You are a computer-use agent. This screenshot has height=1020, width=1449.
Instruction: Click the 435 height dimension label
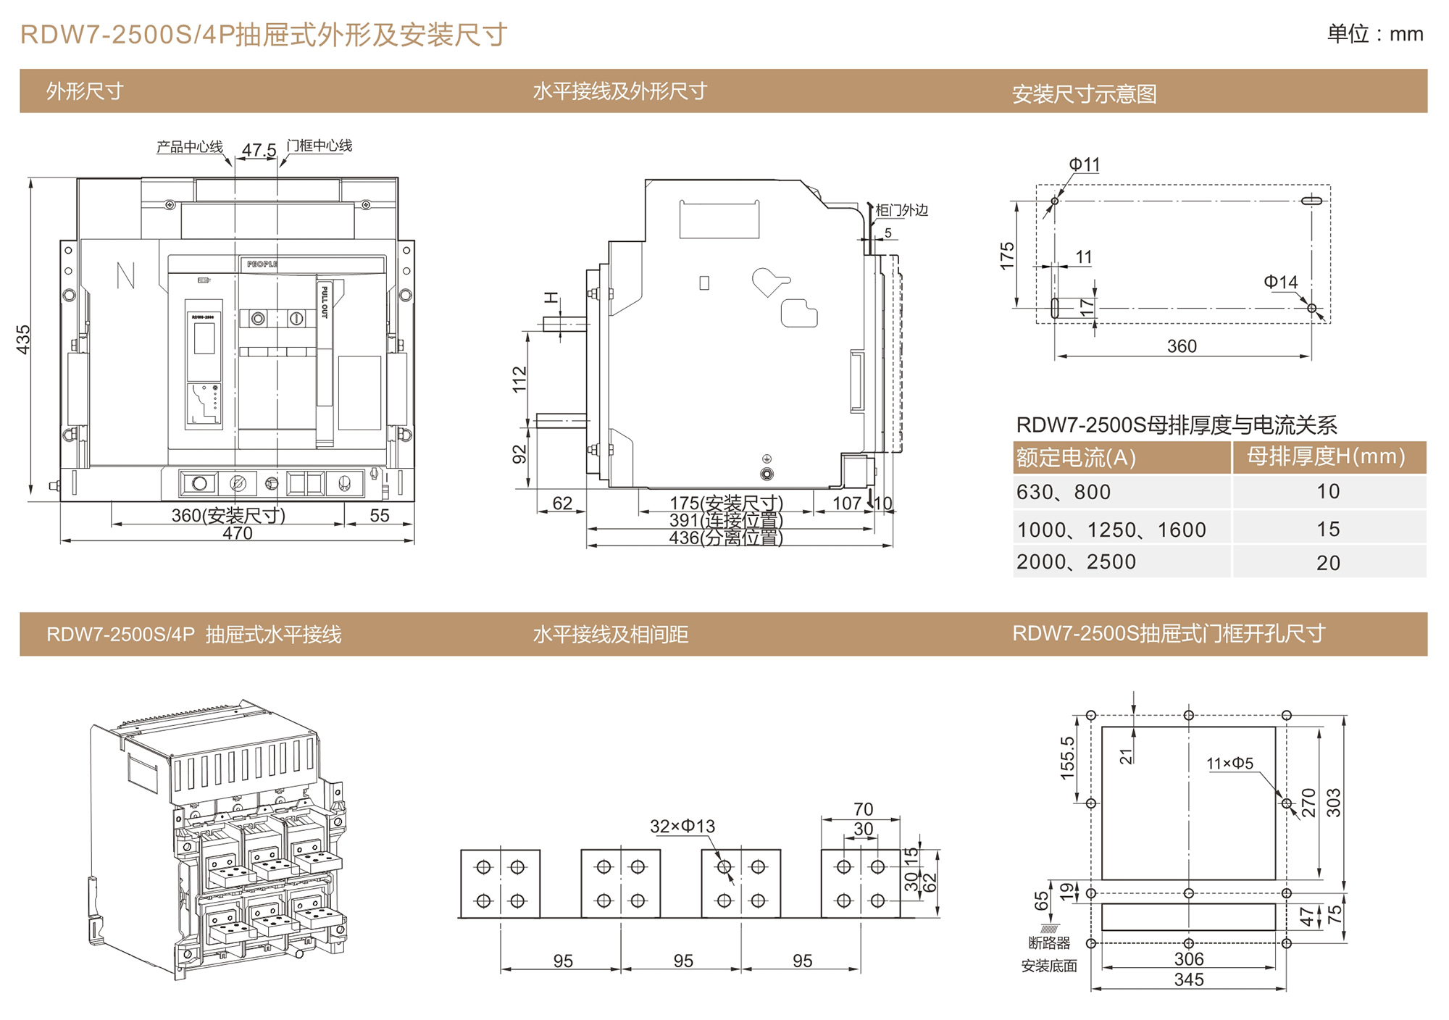[23, 339]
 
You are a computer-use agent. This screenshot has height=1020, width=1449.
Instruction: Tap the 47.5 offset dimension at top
[259, 150]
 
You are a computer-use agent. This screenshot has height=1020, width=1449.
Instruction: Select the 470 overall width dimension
[238, 533]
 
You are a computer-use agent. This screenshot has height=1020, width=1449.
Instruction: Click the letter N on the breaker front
[125, 275]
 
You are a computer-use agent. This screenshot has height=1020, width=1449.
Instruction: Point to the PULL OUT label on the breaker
[325, 301]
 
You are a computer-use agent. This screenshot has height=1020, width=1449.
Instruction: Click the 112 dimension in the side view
[519, 380]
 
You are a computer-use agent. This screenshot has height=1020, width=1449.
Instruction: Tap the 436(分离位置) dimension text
[725, 538]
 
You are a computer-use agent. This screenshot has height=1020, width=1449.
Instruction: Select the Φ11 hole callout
[1084, 164]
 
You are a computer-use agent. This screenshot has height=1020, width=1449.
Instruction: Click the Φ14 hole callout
[1280, 282]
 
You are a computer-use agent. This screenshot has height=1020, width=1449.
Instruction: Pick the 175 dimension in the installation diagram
[1007, 256]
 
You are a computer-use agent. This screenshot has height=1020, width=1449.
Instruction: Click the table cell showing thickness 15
[1328, 529]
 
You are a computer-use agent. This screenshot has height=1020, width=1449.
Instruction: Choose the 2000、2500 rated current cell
[1076, 562]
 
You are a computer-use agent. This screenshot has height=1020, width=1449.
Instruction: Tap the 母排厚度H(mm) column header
[1326, 456]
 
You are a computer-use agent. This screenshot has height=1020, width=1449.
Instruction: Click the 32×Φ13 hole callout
[682, 826]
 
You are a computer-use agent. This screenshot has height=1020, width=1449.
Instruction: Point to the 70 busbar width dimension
[863, 808]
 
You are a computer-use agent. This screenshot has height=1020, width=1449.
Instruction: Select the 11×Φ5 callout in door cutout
[1229, 763]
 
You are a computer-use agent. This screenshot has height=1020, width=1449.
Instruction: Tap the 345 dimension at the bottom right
[1189, 979]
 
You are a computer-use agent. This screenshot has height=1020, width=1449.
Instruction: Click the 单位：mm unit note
[1374, 34]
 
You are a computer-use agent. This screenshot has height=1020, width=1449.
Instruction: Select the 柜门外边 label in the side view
[901, 210]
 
